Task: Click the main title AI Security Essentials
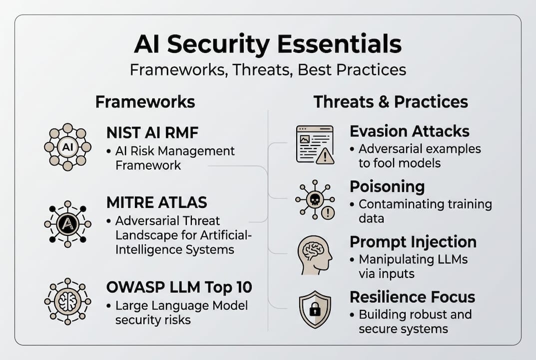[x=268, y=44]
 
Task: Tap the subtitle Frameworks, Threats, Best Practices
[x=268, y=70]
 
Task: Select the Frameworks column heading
[x=145, y=102]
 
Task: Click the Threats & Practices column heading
[x=391, y=102]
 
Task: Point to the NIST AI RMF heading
[x=152, y=133]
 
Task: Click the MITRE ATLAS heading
[x=156, y=202]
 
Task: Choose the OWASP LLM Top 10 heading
[x=179, y=287]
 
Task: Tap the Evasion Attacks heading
[x=410, y=131]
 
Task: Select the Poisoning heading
[x=387, y=187]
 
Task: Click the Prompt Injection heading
[x=413, y=242]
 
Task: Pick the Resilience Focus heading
[x=412, y=297]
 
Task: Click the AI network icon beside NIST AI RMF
[x=67, y=147]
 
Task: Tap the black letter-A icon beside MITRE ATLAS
[x=67, y=224]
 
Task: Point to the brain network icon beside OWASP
[x=67, y=301]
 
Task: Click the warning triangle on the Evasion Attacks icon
[x=325, y=156]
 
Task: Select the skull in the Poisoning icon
[x=315, y=199]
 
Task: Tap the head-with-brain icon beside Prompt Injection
[x=315, y=255]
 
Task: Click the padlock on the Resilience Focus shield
[x=314, y=309]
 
